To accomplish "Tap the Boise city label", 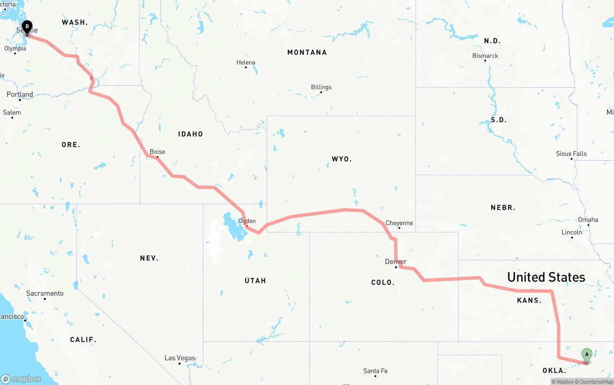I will (x=157, y=152).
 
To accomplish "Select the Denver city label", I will (x=396, y=262).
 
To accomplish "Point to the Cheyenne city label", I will (x=399, y=223).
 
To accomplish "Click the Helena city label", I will (x=246, y=62).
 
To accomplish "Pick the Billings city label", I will (x=321, y=87).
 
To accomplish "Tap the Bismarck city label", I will (x=485, y=56).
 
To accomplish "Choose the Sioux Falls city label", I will (x=571, y=154).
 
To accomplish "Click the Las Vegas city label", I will (x=180, y=358).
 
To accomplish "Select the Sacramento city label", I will (x=45, y=293).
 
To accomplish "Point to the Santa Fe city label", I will (x=375, y=371).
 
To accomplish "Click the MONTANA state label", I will (x=307, y=52).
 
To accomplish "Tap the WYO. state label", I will (x=342, y=159).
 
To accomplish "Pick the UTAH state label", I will (x=255, y=280).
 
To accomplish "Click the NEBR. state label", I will (x=503, y=208).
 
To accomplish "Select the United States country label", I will (x=546, y=277).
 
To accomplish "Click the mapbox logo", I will (x=21, y=379).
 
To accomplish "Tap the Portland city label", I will (x=20, y=94).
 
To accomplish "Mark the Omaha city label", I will (x=588, y=220).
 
